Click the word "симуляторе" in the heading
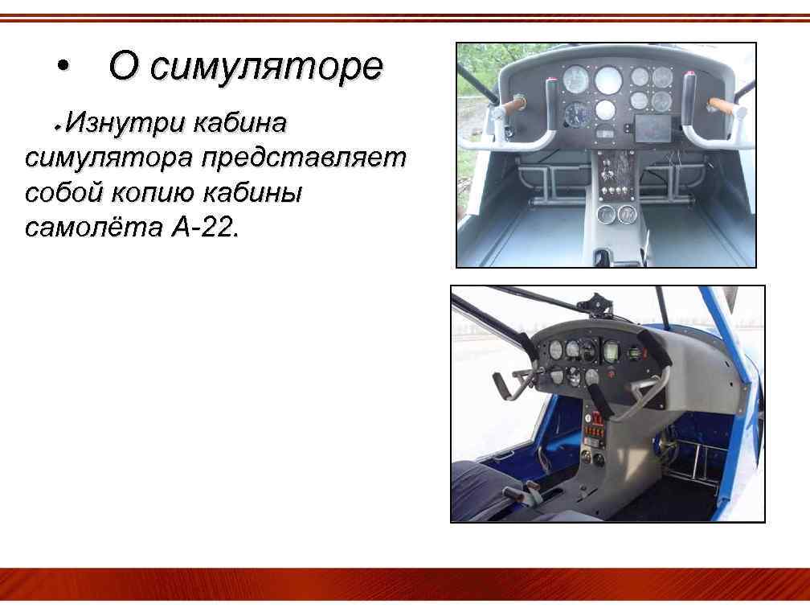pos(267,67)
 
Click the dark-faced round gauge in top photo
pos(576,113)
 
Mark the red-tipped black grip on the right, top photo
pos(689,86)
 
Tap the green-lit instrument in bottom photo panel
pos(610,351)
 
